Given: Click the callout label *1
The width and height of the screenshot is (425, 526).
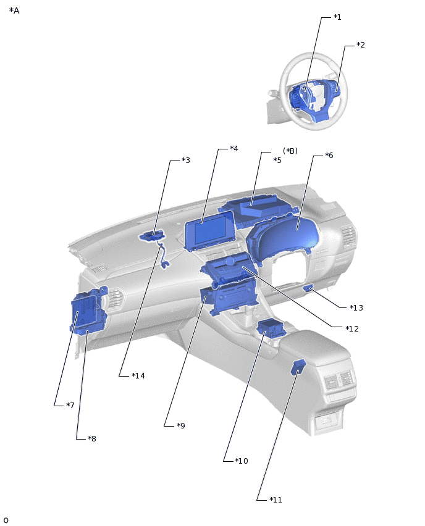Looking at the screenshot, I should [337, 17].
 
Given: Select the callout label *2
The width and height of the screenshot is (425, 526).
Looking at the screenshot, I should [361, 45].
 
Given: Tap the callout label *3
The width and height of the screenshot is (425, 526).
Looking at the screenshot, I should [185, 161].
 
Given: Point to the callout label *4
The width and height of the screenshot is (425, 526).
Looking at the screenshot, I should [234, 149].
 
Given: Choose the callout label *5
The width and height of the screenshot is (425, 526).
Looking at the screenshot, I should [277, 161].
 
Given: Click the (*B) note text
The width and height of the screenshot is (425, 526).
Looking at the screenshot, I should [290, 151].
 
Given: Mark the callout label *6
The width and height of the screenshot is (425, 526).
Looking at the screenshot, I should [329, 156].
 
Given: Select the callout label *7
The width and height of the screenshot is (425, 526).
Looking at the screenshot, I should [70, 406].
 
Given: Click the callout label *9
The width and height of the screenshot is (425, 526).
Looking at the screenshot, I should [180, 426].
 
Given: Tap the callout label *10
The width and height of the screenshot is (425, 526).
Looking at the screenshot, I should [241, 461].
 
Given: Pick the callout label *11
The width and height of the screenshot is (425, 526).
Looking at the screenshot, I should [276, 500].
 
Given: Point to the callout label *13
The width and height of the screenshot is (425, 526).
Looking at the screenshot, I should [356, 308].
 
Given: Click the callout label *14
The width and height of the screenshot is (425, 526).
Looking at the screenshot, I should [138, 376].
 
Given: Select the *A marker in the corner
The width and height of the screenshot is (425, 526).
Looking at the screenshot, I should [14, 11].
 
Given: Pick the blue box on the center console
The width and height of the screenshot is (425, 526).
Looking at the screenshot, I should [269, 327].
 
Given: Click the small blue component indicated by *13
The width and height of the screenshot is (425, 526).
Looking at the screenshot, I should [308, 288].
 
